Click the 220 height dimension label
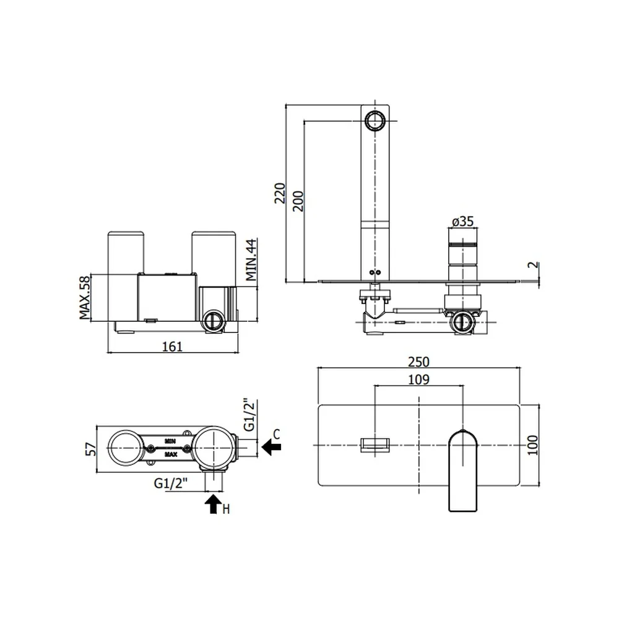coord(280,193)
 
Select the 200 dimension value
coord(298,201)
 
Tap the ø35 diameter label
coord(462,221)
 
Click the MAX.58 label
coord(84,297)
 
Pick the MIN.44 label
coord(251,260)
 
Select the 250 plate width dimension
coord(418,361)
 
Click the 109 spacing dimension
coord(418,379)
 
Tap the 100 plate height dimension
coord(532,445)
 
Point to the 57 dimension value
coord(91,449)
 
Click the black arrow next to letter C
coord(272,448)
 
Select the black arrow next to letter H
coord(214,504)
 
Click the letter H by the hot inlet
coord(226,509)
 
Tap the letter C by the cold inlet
coord(276,435)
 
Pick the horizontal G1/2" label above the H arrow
coord(171,483)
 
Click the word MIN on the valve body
coord(170,441)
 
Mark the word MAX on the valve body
coord(171,454)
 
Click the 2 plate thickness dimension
coord(534,265)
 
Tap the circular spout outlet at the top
coord(374,120)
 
